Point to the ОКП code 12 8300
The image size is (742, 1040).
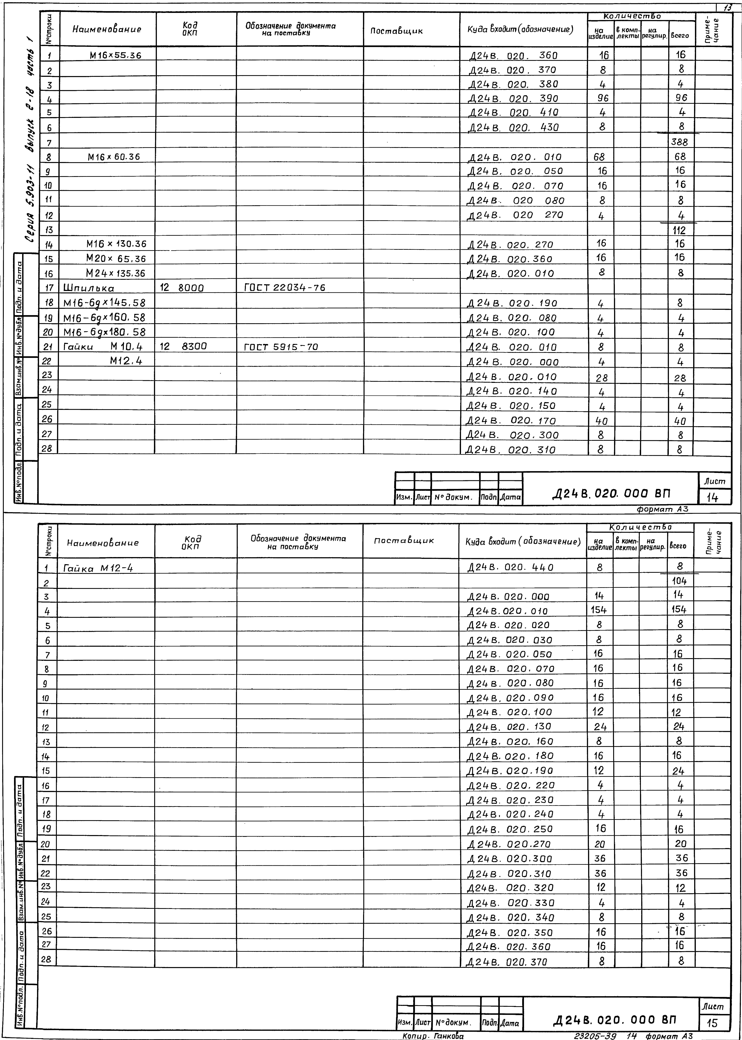tap(183, 347)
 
